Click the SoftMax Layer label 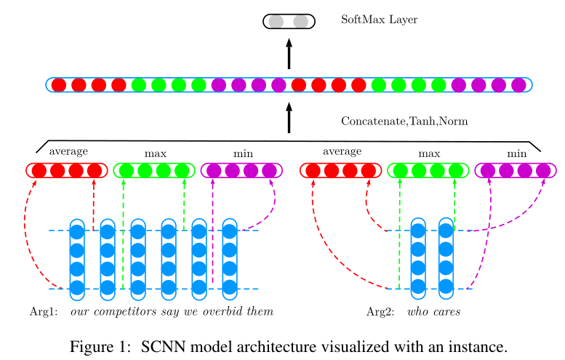(379, 20)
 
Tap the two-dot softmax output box (289, 22)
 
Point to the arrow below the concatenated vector (289, 117)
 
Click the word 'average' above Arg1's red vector (68, 151)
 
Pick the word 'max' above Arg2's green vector (429, 153)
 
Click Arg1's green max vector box (154, 171)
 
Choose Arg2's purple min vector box (516, 171)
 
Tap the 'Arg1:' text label (43, 312)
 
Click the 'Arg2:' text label (380, 312)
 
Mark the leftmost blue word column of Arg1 (77, 259)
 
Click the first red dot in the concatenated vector (59, 85)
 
